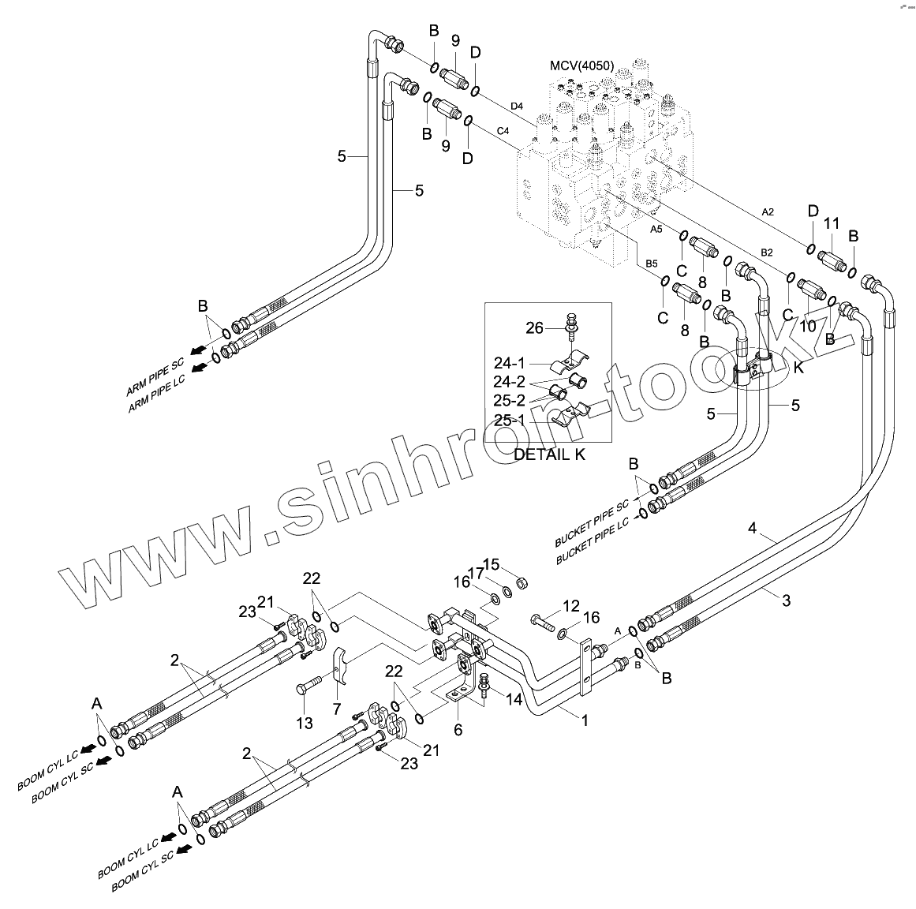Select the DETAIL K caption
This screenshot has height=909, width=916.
point(549,454)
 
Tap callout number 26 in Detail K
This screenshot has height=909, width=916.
point(535,327)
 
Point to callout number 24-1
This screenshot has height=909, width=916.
point(510,363)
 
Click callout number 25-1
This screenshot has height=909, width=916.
point(510,420)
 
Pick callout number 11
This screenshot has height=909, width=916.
point(832,224)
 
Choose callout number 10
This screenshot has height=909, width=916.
point(808,324)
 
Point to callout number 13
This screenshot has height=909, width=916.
point(304,722)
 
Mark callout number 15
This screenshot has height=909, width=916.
point(492,564)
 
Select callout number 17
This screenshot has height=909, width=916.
point(476,574)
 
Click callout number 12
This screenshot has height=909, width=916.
point(571,606)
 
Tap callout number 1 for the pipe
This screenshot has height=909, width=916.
point(585,720)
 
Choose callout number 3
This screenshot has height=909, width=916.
point(786,600)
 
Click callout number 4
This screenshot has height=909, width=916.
point(753,528)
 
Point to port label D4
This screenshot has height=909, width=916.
point(517,106)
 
